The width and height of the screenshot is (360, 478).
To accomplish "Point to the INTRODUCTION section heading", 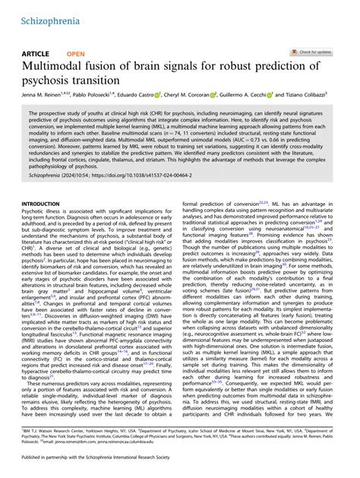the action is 43,204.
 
